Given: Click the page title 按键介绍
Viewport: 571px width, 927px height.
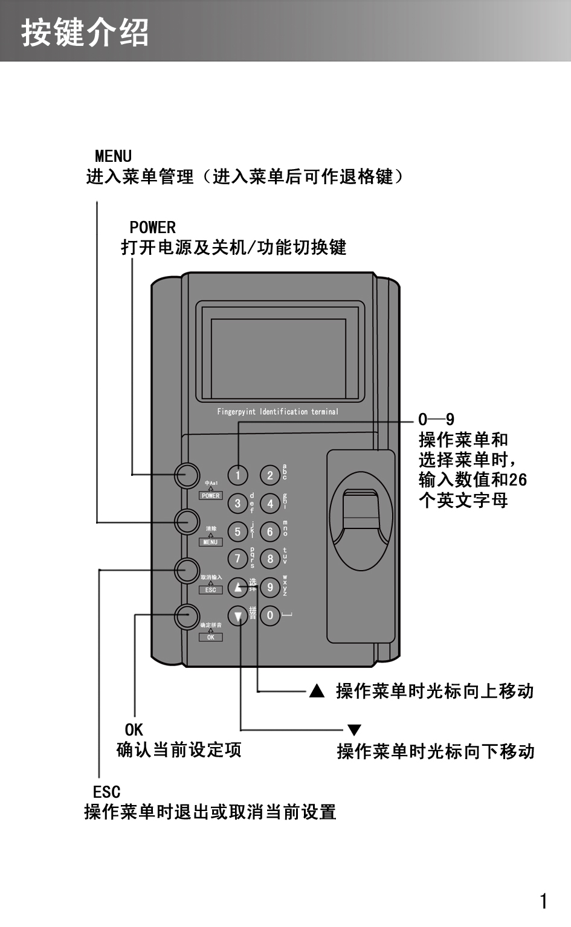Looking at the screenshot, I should point(85,32).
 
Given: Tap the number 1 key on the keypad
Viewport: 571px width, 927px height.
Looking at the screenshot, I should point(237,475).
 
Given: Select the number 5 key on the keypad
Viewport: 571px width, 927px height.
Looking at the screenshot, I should point(237,531).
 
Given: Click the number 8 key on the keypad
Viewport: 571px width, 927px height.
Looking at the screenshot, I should point(270,559).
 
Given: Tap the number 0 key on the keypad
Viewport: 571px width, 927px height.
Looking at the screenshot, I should point(270,615).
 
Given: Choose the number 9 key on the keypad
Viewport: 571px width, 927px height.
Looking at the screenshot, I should point(270,587).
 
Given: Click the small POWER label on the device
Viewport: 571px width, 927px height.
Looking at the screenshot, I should point(211,496).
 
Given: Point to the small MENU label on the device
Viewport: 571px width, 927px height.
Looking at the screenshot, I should point(210,542).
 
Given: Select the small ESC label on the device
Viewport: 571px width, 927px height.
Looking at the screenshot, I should point(210,590).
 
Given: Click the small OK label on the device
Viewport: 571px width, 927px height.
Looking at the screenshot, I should point(210,637).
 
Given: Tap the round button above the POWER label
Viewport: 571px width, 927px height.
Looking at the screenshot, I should point(187,475).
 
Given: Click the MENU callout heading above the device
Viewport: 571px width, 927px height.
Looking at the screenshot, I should point(113,156).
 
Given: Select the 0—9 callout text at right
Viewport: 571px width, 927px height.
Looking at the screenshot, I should point(436,420).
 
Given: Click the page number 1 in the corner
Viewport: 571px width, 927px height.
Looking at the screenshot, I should point(543,902).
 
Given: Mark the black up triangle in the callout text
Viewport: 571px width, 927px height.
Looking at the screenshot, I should point(317,691).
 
